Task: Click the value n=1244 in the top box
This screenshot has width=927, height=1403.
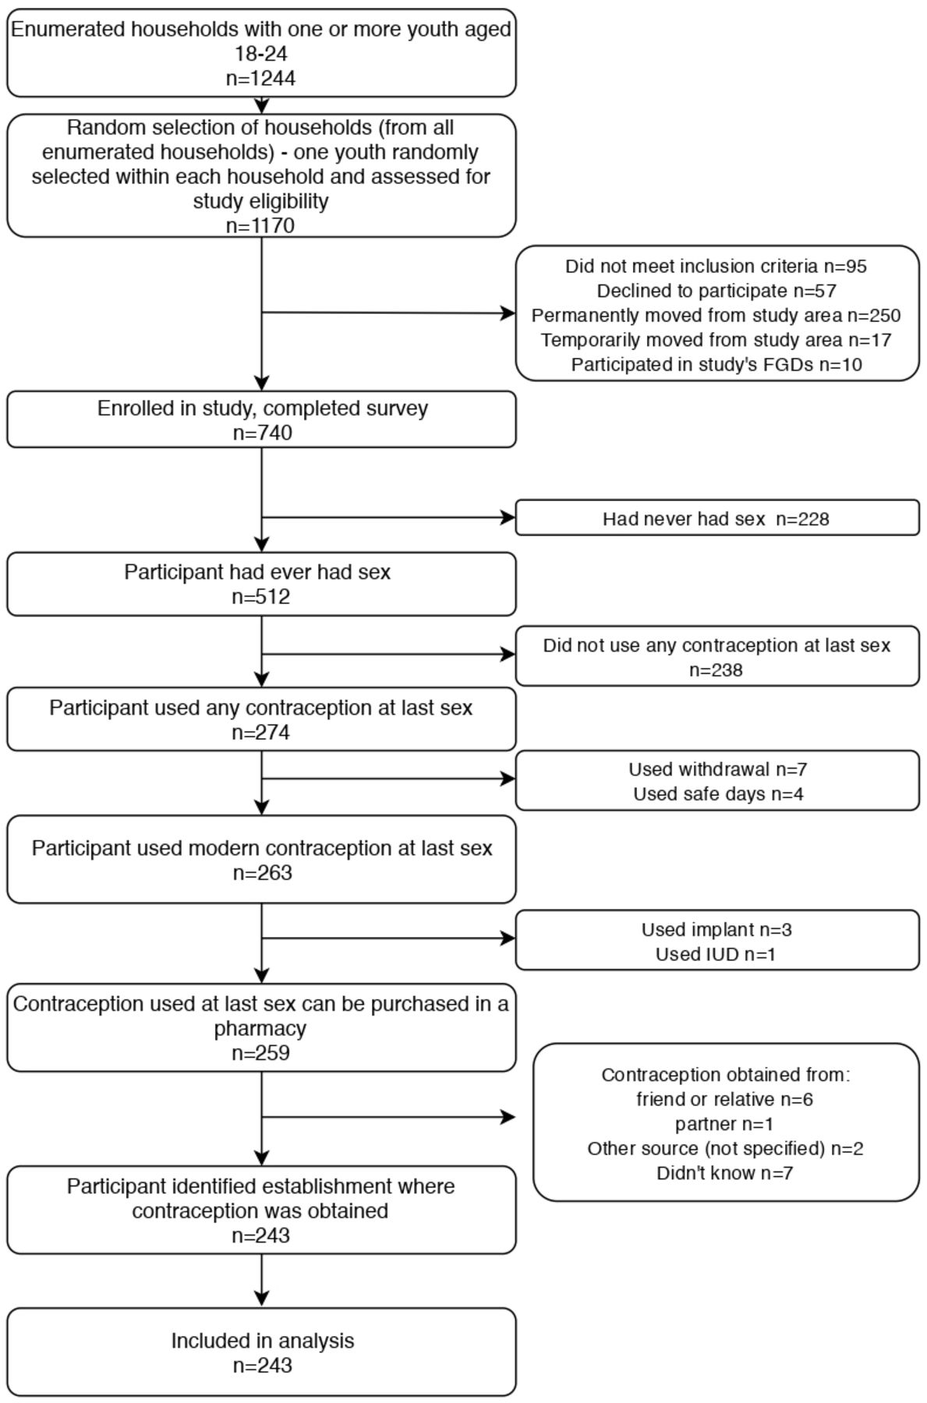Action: (260, 78)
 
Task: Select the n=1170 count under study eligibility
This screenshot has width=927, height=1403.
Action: (260, 225)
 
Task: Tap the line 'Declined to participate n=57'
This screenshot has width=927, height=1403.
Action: (716, 291)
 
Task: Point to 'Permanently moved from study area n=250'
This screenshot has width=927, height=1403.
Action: (716, 315)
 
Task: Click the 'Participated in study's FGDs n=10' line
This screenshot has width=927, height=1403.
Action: (716, 364)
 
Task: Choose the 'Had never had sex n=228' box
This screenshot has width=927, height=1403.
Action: (717, 518)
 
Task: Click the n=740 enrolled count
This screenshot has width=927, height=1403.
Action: (262, 433)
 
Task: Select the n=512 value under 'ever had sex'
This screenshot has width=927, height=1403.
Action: (261, 596)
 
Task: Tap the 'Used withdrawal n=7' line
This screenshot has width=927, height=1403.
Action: (718, 769)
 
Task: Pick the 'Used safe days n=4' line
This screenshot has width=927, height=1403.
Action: (718, 793)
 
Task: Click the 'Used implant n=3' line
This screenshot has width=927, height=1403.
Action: (716, 929)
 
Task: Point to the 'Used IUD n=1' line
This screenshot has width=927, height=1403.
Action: (716, 954)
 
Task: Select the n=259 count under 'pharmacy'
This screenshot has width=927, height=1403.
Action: (261, 1052)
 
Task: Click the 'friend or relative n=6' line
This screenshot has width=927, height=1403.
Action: (725, 1099)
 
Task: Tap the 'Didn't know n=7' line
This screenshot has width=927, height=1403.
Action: (725, 1172)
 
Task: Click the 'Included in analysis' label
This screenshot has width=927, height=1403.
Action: (263, 1341)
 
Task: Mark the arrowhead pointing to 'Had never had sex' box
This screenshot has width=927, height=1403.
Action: (508, 517)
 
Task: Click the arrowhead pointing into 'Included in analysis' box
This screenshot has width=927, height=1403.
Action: (262, 1299)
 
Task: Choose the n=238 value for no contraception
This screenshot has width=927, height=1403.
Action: (716, 670)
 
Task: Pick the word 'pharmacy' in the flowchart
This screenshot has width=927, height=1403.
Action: (260, 1028)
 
